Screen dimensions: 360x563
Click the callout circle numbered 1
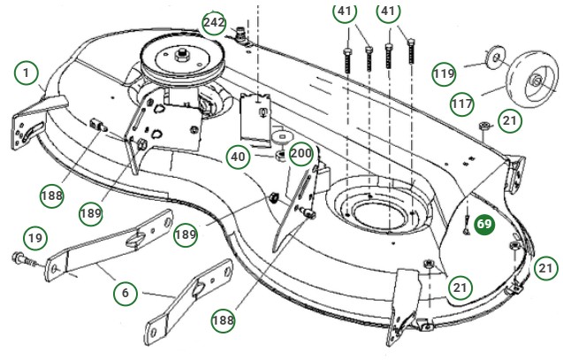(x=27, y=71)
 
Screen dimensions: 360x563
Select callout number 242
(x=214, y=22)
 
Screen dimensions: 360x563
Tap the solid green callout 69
(x=484, y=225)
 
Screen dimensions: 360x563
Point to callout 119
(x=445, y=73)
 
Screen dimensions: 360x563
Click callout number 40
(x=237, y=157)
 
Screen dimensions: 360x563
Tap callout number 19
(x=34, y=237)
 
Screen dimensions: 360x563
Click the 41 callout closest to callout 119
(x=387, y=12)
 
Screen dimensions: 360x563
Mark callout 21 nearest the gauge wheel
(x=510, y=119)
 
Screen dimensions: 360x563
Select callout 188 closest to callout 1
(x=51, y=195)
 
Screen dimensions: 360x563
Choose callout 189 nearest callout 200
(x=185, y=234)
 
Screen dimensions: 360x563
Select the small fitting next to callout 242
(x=240, y=35)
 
